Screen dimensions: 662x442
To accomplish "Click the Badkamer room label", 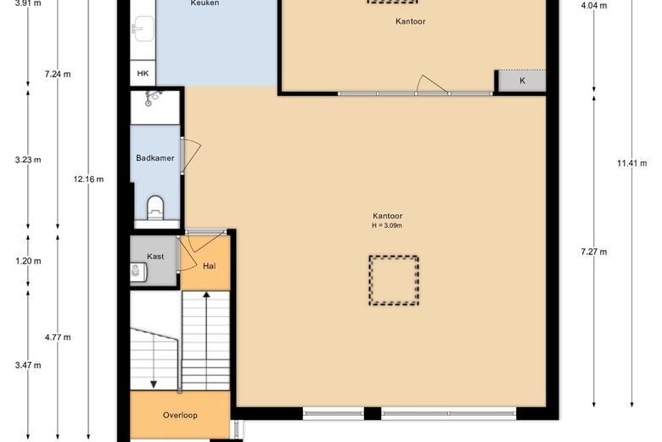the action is click(x=155, y=158).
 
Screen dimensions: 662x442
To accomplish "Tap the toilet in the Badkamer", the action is click(x=155, y=207).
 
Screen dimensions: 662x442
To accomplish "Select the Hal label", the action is click(x=210, y=266).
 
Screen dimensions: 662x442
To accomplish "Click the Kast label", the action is click(x=155, y=257).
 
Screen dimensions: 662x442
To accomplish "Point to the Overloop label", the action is click(x=180, y=416).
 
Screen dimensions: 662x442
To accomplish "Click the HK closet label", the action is click(x=143, y=74).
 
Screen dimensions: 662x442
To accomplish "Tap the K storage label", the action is click(x=522, y=81).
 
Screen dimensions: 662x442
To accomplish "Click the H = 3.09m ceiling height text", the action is click(x=387, y=225).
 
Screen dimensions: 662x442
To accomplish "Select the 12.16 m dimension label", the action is click(x=88, y=179).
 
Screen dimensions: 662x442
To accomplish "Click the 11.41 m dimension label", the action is click(x=632, y=163).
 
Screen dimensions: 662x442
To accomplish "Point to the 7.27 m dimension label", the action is click(x=594, y=252).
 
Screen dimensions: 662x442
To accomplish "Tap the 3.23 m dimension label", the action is click(x=28, y=160).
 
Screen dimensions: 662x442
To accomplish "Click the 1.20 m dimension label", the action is click(x=28, y=261).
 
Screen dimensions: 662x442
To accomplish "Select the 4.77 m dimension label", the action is click(x=58, y=337).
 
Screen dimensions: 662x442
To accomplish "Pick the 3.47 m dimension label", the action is click(x=28, y=365).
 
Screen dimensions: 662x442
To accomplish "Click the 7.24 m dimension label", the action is click(x=58, y=75).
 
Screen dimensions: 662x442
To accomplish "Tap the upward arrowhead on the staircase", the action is click(x=206, y=295).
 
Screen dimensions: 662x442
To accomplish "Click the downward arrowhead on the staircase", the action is click(x=154, y=384).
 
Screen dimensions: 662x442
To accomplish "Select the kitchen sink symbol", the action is click(x=143, y=29).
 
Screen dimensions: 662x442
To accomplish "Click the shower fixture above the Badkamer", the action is click(x=152, y=97).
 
